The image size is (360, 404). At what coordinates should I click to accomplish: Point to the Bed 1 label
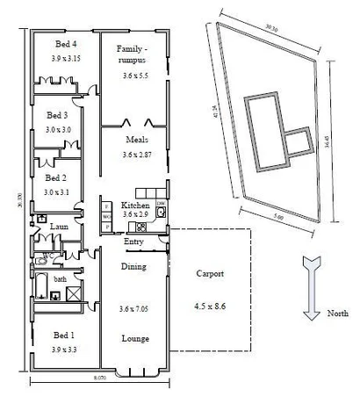(x=62, y=335)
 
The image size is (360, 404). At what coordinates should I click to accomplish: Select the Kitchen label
(x=135, y=205)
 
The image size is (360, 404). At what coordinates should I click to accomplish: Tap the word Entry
(x=134, y=242)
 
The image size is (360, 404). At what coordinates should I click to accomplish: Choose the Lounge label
(x=135, y=338)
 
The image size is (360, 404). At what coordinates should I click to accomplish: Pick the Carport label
(x=211, y=274)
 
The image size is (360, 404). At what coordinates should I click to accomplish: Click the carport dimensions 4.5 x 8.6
(x=211, y=307)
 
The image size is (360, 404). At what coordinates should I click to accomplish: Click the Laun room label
(x=59, y=227)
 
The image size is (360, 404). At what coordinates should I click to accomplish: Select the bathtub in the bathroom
(x=44, y=289)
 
